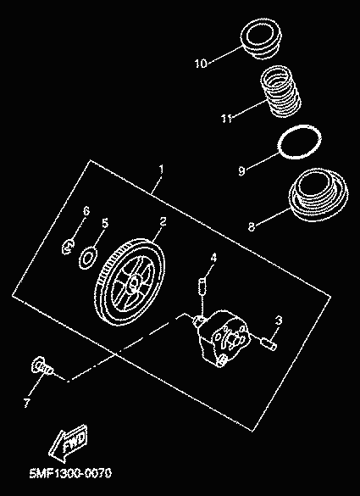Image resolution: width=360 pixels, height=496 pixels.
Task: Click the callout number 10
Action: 201,64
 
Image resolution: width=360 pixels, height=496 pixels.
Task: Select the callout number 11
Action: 226,119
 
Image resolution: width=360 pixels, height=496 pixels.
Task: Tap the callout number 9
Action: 241,171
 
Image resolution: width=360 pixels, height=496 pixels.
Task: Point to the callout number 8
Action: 251,227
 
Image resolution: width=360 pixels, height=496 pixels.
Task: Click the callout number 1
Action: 162,169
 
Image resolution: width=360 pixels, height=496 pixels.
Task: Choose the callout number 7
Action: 26,403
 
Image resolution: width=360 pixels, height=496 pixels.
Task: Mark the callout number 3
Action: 278,320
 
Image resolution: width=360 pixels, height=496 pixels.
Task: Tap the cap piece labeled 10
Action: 261,39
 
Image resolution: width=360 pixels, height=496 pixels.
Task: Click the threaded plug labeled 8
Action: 318,195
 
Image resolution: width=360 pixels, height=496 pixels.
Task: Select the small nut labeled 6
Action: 69,247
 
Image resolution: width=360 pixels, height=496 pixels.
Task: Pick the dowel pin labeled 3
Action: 269,343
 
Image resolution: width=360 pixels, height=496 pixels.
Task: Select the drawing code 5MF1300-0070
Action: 70,474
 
